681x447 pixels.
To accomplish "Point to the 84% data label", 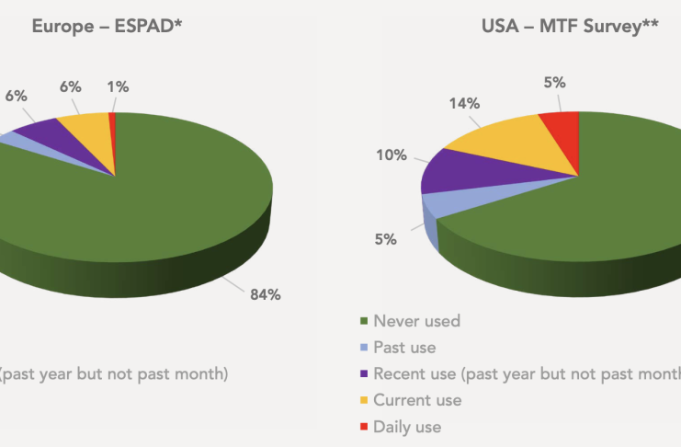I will [x=266, y=294].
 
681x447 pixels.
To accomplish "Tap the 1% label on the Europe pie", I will [x=118, y=87].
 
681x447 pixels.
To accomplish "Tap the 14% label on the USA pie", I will [x=464, y=104].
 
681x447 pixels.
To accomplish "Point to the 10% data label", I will [x=391, y=155].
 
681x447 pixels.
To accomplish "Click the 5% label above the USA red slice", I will [x=554, y=83].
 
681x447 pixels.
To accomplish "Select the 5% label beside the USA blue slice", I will [x=385, y=239].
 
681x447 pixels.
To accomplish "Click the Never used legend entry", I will [x=416, y=321].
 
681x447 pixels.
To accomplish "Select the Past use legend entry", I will [x=404, y=348].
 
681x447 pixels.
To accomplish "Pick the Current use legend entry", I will [x=417, y=400].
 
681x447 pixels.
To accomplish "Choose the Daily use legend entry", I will [x=407, y=427].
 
